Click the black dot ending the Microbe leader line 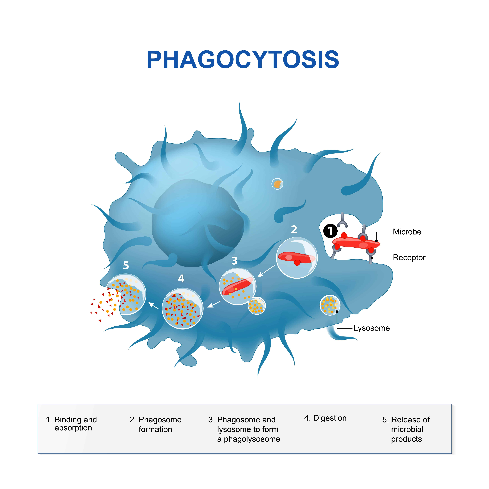[376, 241]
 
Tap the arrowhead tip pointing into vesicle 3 [258, 277]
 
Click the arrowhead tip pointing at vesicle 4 [208, 307]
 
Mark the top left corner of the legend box [38, 404]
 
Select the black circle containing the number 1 [330, 231]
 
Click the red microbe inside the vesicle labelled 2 [296, 258]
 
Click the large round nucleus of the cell [197, 223]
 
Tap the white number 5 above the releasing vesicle [126, 265]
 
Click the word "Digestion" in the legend [330, 418]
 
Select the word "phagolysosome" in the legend [252, 439]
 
